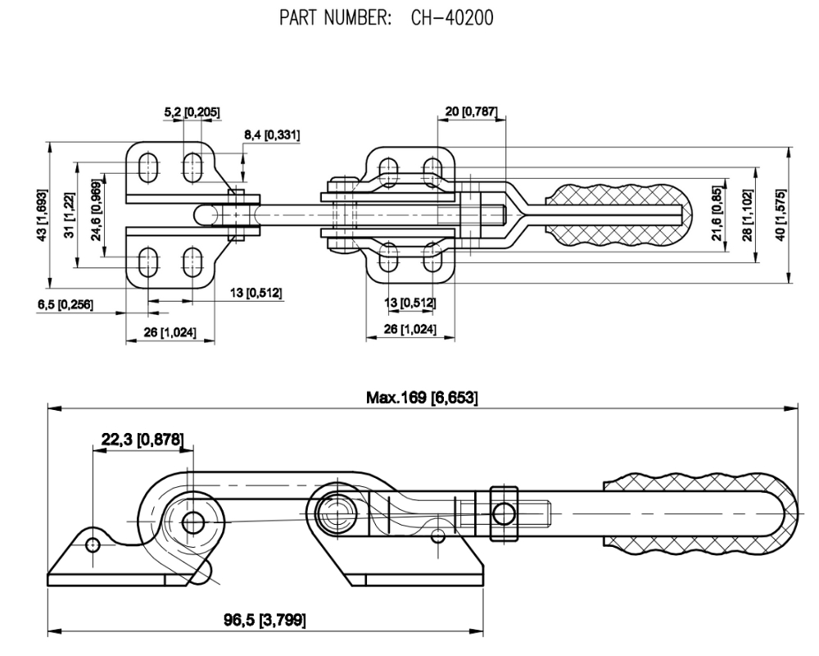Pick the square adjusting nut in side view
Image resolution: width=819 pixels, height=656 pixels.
[504, 514]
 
